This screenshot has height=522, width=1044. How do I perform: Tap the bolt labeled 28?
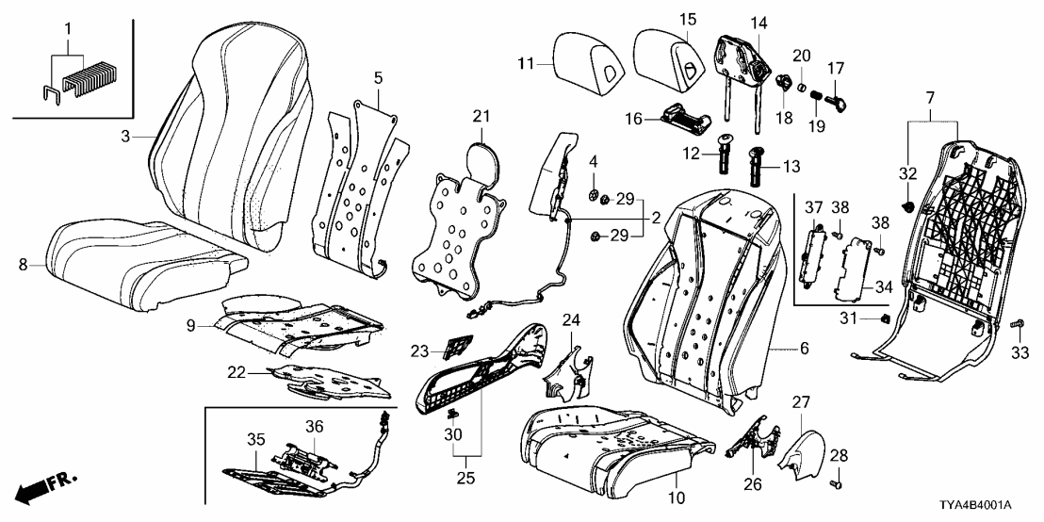pyautogui.click(x=836, y=483)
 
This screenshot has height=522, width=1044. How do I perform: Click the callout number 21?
pyautogui.click(x=481, y=116)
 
